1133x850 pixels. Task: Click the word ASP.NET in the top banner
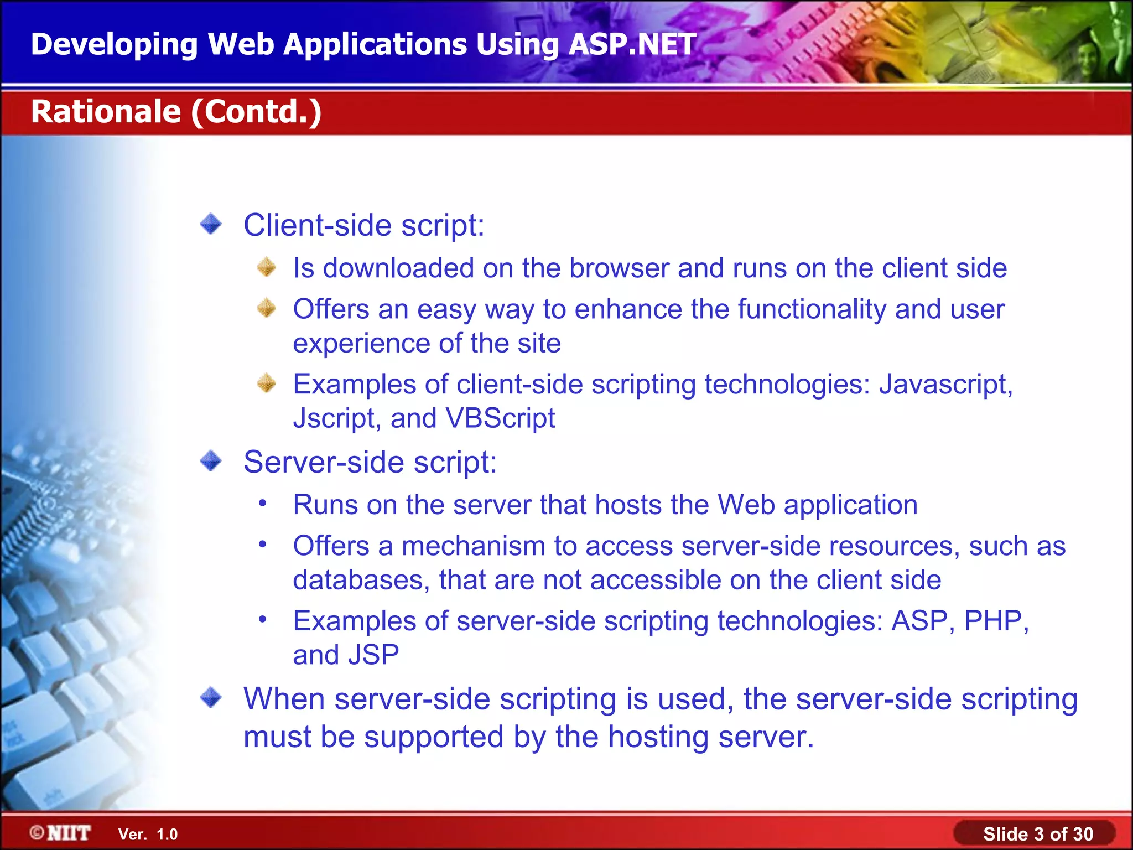(632, 44)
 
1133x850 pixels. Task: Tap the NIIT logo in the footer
(61, 833)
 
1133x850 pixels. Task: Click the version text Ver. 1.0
(148, 835)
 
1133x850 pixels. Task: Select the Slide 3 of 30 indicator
(1037, 834)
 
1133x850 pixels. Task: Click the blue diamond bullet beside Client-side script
(211, 225)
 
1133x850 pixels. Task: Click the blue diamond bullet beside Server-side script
(211, 461)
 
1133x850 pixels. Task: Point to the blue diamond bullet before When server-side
(211, 698)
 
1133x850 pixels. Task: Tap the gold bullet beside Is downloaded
(267, 267)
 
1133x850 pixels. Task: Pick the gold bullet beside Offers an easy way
(267, 308)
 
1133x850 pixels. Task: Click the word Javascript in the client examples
(945, 384)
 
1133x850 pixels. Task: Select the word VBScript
(500, 418)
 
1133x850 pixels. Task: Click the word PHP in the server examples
(992, 621)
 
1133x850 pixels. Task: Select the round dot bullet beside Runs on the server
(263, 504)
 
